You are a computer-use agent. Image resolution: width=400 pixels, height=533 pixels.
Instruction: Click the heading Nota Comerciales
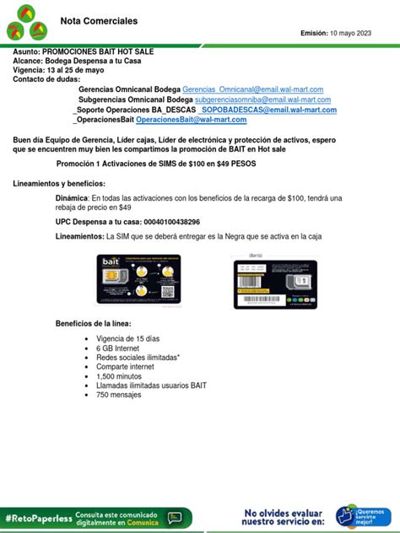click(100, 20)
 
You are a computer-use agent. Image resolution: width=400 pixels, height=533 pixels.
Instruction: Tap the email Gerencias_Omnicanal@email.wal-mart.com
click(252, 89)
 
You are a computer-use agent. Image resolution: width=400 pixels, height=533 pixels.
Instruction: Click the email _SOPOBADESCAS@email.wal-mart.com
click(267, 110)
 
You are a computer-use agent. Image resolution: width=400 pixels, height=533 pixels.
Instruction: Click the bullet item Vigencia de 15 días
click(127, 338)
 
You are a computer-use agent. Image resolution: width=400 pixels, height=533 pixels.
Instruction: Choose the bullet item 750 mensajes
click(119, 395)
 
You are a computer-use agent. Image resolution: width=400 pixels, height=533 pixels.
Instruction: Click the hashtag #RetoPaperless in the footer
click(37, 517)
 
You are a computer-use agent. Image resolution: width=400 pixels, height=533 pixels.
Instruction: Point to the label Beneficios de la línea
click(93, 324)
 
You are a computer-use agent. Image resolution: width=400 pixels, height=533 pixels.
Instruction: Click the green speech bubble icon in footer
click(175, 517)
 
